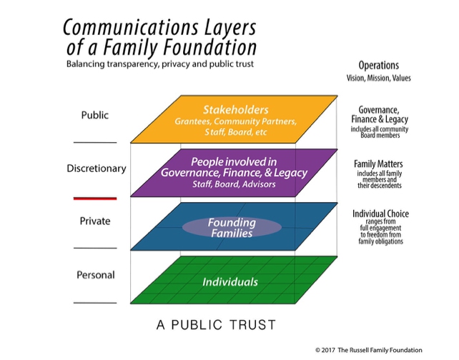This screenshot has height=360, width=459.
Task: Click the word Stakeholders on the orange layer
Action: click(225, 110)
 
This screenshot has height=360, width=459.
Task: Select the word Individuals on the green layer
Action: click(229, 282)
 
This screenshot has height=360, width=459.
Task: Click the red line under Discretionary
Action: click(94, 197)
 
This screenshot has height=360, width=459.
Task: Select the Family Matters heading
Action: click(380, 164)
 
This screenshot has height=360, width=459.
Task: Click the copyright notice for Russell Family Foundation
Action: click(382, 350)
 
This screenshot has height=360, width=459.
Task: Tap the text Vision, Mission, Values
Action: click(380, 77)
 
